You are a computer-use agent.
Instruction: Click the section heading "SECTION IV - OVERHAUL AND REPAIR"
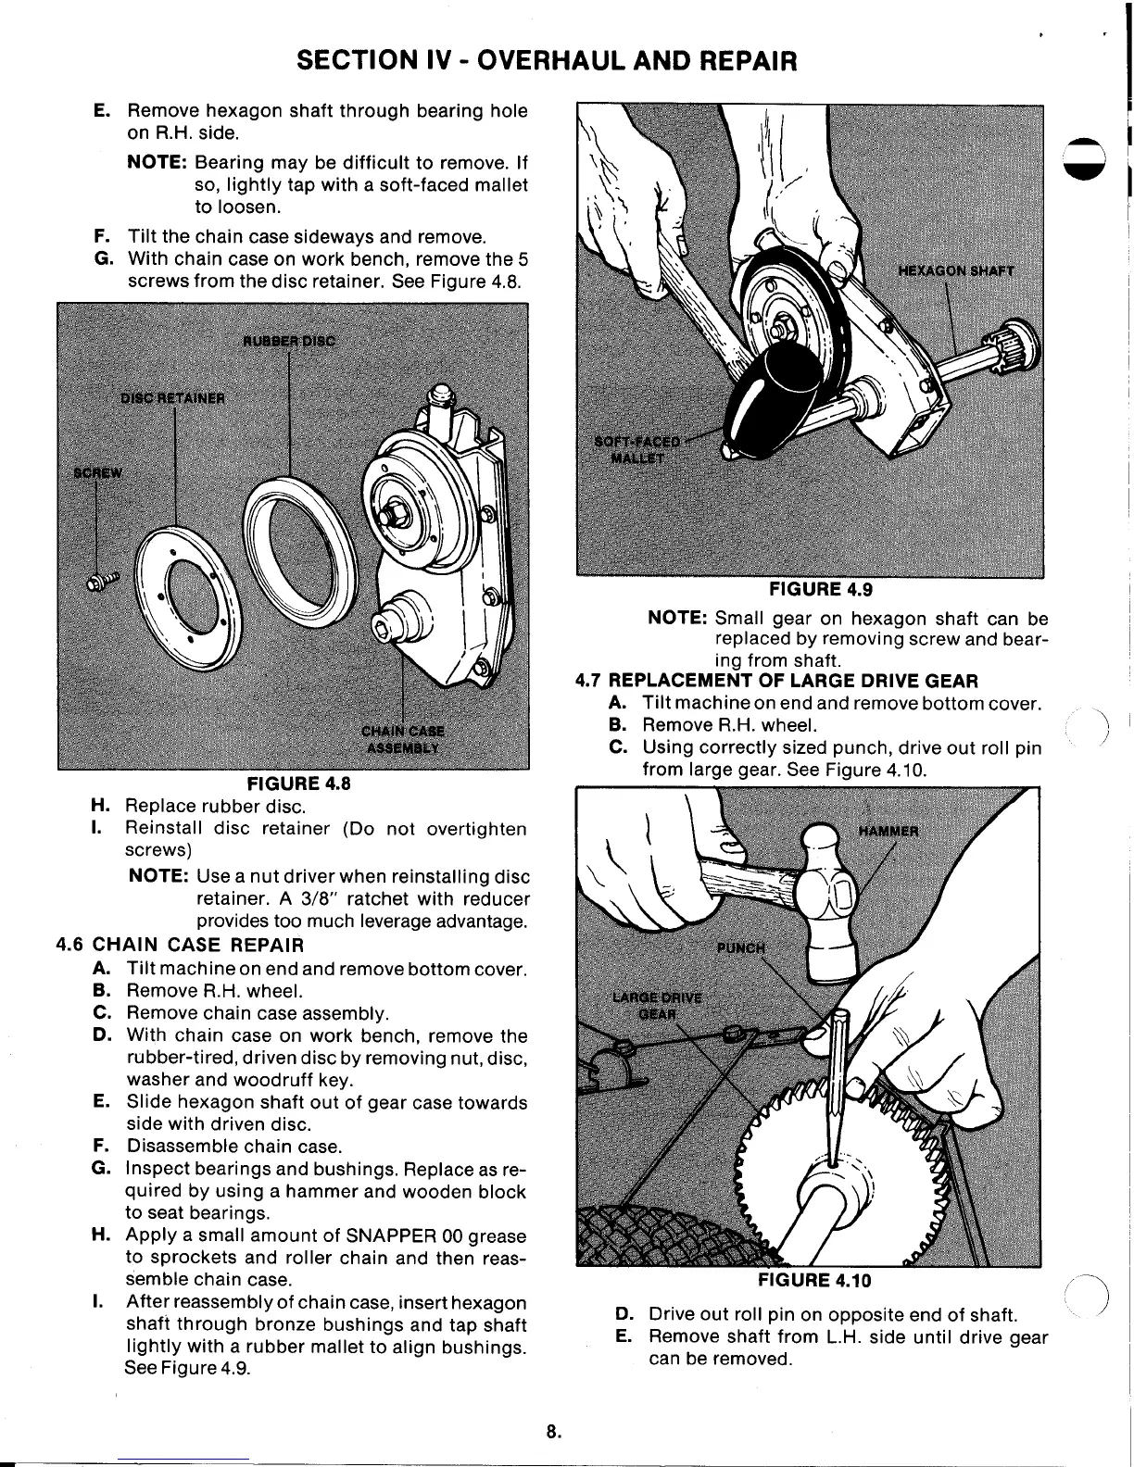coord(546,61)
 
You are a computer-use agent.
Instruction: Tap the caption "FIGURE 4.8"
coord(293,783)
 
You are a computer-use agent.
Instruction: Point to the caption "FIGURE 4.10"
coord(814,1280)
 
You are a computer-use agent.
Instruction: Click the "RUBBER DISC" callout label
coord(289,339)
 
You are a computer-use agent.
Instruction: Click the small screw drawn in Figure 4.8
coord(103,581)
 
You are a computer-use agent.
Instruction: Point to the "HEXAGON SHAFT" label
coord(957,271)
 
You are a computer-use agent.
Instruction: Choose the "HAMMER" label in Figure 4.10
coord(888,831)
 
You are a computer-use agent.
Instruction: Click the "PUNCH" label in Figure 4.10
coord(742,947)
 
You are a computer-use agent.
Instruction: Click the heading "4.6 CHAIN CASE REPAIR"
coord(181,946)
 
